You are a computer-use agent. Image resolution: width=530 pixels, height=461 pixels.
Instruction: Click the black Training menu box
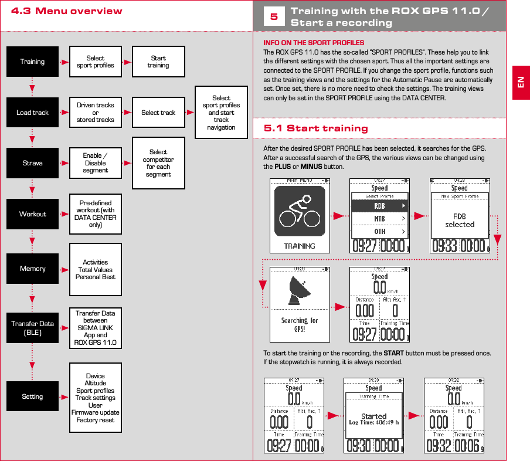[32, 62]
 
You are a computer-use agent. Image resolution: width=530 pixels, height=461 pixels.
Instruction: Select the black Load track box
[32, 113]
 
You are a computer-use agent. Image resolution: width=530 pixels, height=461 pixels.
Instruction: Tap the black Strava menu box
[32, 163]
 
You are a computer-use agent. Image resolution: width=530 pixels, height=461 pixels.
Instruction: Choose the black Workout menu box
[32, 214]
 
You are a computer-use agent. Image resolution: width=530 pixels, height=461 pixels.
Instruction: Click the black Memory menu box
[32, 269]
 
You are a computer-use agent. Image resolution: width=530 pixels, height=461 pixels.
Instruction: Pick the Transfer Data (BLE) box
[32, 327]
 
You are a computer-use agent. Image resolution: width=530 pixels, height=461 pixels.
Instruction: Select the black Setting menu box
[32, 396]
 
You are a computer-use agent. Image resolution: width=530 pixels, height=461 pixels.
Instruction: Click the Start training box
[158, 62]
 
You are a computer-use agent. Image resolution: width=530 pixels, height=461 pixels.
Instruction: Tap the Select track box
[158, 113]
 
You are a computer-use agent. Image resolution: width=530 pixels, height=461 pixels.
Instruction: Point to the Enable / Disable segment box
[95, 163]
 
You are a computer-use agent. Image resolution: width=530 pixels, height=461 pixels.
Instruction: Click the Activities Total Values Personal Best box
[95, 270]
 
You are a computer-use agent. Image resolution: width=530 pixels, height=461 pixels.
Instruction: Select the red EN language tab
[521, 82]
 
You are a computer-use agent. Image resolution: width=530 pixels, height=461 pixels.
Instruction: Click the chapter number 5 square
[274, 17]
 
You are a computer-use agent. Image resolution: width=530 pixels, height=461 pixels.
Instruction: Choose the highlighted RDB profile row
[379, 206]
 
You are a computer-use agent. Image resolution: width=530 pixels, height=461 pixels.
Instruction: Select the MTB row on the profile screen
[379, 219]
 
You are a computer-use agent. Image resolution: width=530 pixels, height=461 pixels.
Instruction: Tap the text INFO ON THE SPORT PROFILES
[314, 43]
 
